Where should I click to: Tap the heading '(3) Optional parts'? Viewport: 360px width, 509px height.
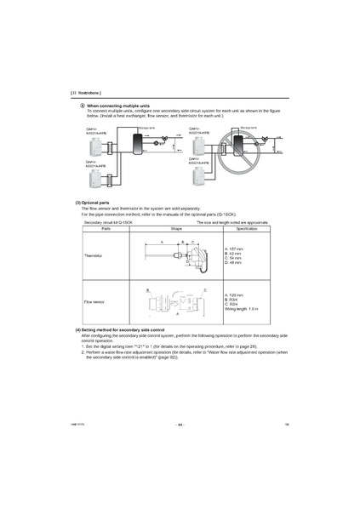[92, 203]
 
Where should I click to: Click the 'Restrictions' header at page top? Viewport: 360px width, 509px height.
[85, 91]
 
